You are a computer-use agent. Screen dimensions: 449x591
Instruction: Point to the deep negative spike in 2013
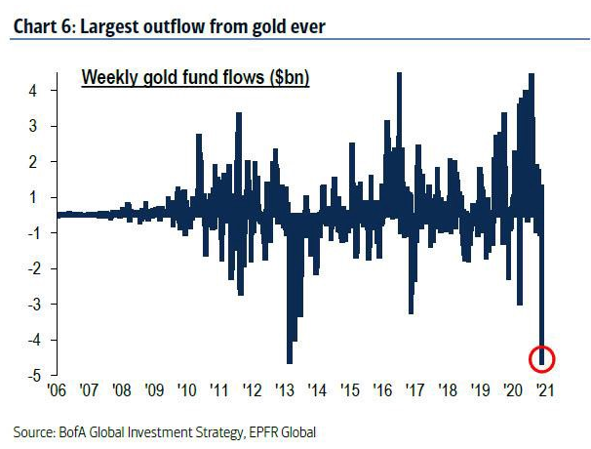pos(290,359)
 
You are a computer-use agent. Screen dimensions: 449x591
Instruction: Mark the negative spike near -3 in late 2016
pos(411,310)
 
